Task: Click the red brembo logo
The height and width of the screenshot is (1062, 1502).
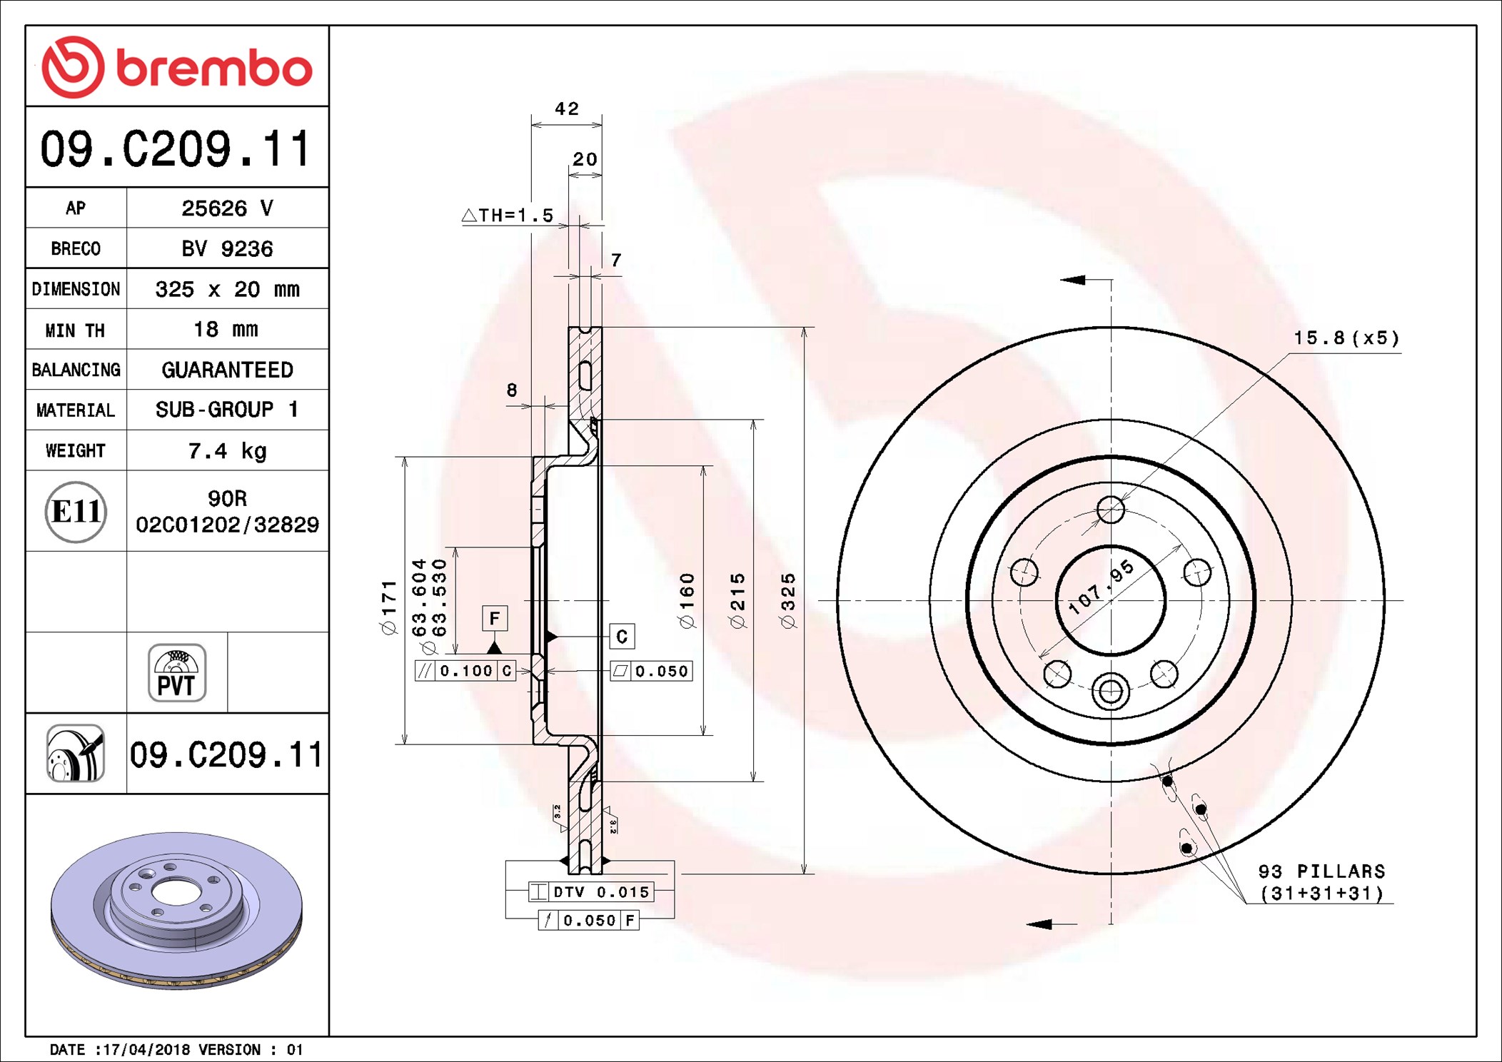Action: [x=176, y=67]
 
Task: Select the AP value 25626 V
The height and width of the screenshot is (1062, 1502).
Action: [x=227, y=208]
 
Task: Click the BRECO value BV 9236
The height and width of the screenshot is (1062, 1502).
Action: [x=227, y=249]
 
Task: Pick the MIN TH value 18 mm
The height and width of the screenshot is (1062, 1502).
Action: [x=226, y=330]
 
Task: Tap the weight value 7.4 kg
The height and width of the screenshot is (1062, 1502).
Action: [x=227, y=451]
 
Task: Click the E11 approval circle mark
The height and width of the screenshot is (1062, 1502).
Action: [x=76, y=512]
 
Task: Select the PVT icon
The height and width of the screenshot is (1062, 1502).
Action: [x=177, y=673]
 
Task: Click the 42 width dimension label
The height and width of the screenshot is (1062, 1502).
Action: [x=567, y=109]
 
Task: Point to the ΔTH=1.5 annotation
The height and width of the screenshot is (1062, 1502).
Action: [x=508, y=216]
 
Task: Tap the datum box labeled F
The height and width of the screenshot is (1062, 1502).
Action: [x=495, y=618]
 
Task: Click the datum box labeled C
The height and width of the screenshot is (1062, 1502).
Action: [x=622, y=637]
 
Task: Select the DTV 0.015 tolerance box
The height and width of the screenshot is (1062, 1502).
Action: [x=591, y=892]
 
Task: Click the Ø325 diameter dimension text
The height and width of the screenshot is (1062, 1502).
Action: [x=788, y=601]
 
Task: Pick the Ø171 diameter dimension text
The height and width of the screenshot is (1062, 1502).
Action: [x=389, y=607]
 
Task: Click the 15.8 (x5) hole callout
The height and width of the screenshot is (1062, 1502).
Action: [x=1346, y=338]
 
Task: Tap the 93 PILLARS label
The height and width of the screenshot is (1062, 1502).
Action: [x=1321, y=871]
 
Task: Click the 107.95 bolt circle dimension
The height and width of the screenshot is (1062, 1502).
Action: [x=1101, y=587]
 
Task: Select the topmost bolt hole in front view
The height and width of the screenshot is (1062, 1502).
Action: [x=1111, y=510]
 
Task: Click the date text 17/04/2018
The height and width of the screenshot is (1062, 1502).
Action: [x=146, y=1050]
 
